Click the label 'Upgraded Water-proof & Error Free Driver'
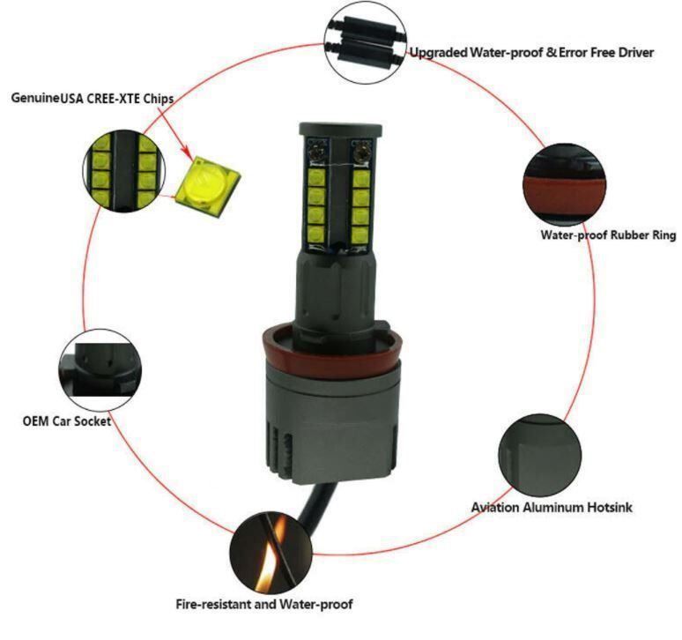click(531, 53)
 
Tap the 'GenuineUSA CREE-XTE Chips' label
click(93, 99)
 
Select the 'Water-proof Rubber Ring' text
click(608, 235)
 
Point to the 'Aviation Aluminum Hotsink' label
click(552, 507)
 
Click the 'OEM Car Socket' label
click(67, 421)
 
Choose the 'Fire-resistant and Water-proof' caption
click(264, 605)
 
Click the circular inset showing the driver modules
click(366, 46)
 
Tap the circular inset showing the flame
click(271, 553)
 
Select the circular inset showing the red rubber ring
click(565, 184)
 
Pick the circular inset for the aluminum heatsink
click(540, 456)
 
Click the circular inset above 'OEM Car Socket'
click(100, 370)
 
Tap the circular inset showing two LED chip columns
click(124, 171)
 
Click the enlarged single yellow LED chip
click(208, 186)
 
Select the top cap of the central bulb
click(340, 129)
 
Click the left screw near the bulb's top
click(316, 153)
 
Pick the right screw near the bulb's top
click(360, 153)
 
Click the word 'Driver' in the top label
click(636, 53)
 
